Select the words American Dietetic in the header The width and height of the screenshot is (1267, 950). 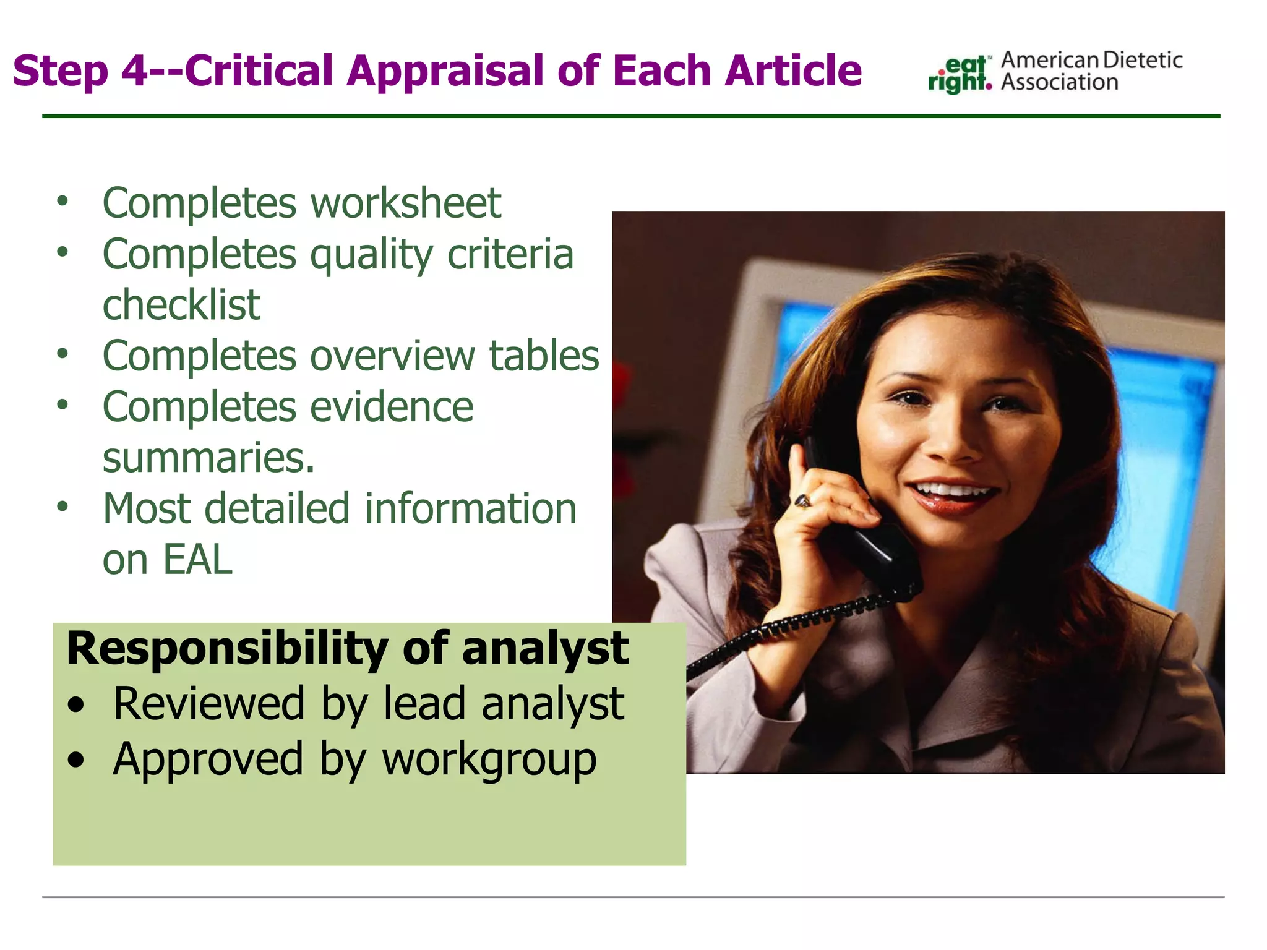click(1091, 61)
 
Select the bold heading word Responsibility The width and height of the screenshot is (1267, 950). click(226, 648)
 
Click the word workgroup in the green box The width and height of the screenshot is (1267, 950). click(489, 760)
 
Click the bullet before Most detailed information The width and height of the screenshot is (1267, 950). click(62, 507)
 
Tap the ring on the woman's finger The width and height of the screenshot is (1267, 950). click(802, 500)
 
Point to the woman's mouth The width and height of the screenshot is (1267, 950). click(956, 494)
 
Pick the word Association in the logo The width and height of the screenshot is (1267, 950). click(1059, 83)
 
